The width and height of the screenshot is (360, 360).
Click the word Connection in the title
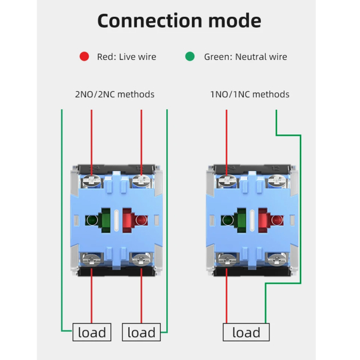click(x=149, y=20)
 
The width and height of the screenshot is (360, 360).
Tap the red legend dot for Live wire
click(x=84, y=56)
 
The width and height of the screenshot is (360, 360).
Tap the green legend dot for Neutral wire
click(x=190, y=56)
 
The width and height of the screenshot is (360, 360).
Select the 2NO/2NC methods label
click(x=115, y=94)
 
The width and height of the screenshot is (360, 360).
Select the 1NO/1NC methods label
click(x=250, y=94)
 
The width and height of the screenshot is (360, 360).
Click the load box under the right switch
click(x=246, y=332)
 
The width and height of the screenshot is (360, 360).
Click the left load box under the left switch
click(x=92, y=332)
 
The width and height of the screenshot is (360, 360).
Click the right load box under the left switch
click(x=141, y=332)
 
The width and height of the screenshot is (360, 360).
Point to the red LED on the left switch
click(x=141, y=220)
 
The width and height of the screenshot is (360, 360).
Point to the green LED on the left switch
click(x=92, y=220)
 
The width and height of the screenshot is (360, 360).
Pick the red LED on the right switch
click(x=277, y=220)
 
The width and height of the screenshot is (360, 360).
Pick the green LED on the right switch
click(x=227, y=220)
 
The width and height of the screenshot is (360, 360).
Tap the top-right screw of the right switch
click(x=277, y=181)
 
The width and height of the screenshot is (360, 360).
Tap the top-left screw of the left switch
click(x=92, y=181)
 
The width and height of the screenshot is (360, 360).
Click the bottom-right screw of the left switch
click(x=141, y=259)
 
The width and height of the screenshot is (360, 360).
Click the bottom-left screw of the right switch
click(x=227, y=259)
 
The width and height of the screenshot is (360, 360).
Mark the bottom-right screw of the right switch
click(x=277, y=259)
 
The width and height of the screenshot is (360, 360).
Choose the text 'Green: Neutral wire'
click(x=245, y=57)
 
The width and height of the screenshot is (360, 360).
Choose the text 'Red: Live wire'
click(x=127, y=57)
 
